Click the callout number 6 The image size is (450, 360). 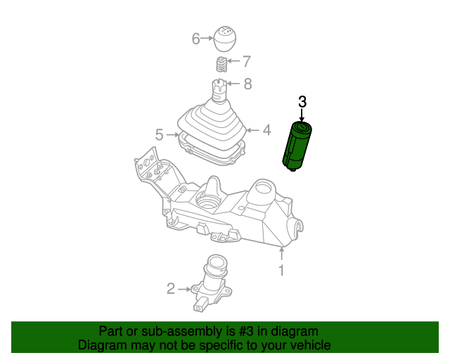196,39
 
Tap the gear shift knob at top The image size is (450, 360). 224,39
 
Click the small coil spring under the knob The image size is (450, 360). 221,65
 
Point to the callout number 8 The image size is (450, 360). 247,85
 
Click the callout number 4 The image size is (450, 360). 266,130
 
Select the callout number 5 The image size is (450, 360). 160,134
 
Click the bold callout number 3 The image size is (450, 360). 302,101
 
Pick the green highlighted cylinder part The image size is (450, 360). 297,146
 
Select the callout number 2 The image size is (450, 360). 171,288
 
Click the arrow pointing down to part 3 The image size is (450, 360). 302,115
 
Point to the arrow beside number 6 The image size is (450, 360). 207,39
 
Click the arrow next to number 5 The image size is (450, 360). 172,134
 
